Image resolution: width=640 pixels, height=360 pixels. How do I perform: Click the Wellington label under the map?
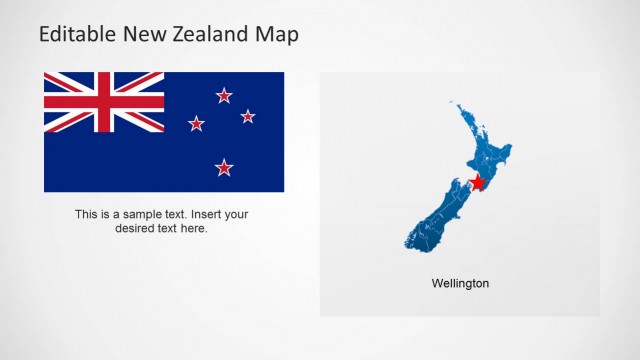click(460, 284)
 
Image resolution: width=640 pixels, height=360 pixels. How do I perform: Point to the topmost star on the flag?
click(224, 96)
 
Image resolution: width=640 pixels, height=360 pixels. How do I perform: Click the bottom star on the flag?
click(224, 167)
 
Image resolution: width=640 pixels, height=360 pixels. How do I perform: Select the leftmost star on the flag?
click(196, 124)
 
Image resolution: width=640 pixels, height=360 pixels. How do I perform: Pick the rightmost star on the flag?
click(248, 116)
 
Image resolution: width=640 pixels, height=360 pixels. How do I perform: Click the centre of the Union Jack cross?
click(104, 102)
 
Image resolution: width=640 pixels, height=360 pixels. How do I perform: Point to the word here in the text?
click(193, 228)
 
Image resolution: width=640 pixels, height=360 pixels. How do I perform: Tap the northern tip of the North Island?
click(452, 101)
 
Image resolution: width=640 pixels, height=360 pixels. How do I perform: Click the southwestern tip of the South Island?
click(408, 243)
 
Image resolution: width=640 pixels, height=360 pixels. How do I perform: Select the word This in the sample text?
click(87, 214)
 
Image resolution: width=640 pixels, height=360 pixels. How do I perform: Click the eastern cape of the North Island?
click(510, 149)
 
